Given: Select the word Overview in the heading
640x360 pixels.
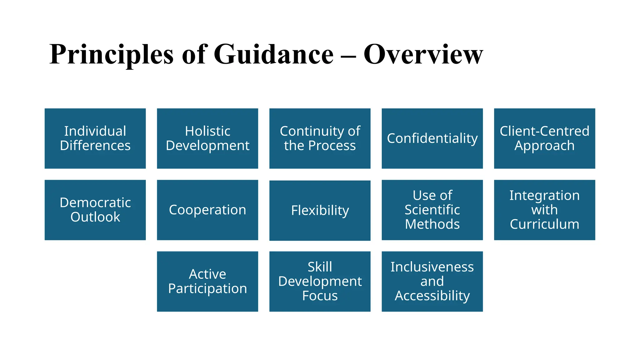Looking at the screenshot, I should pyautogui.click(x=423, y=54).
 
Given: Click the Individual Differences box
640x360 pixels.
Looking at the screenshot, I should pyautogui.click(x=95, y=138).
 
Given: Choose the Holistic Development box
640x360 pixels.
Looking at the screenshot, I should pyautogui.click(x=207, y=138).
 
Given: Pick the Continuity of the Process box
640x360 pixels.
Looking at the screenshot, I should pyautogui.click(x=320, y=138).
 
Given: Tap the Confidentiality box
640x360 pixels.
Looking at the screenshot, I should pyautogui.click(x=432, y=138).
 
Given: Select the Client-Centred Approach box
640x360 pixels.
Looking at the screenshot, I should pyautogui.click(x=544, y=138).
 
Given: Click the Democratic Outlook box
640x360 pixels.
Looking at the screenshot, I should pyautogui.click(x=95, y=210).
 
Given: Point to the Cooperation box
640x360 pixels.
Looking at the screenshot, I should pyautogui.click(x=207, y=210).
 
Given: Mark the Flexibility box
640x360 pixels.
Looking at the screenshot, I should pyautogui.click(x=320, y=210).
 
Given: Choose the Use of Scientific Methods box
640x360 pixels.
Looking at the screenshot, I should pyautogui.click(x=432, y=210).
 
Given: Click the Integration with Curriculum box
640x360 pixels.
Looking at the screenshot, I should pyautogui.click(x=544, y=210).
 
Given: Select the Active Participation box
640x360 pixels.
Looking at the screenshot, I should pyautogui.click(x=207, y=281).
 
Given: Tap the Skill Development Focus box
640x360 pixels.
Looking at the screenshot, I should pyautogui.click(x=320, y=281).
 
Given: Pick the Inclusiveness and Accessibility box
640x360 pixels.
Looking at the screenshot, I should pyautogui.click(x=432, y=281).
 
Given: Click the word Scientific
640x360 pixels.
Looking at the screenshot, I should pyautogui.click(x=432, y=210).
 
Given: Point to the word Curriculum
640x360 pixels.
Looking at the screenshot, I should pyautogui.click(x=544, y=224).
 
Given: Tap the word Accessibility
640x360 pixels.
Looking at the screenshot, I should pyautogui.click(x=432, y=296).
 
